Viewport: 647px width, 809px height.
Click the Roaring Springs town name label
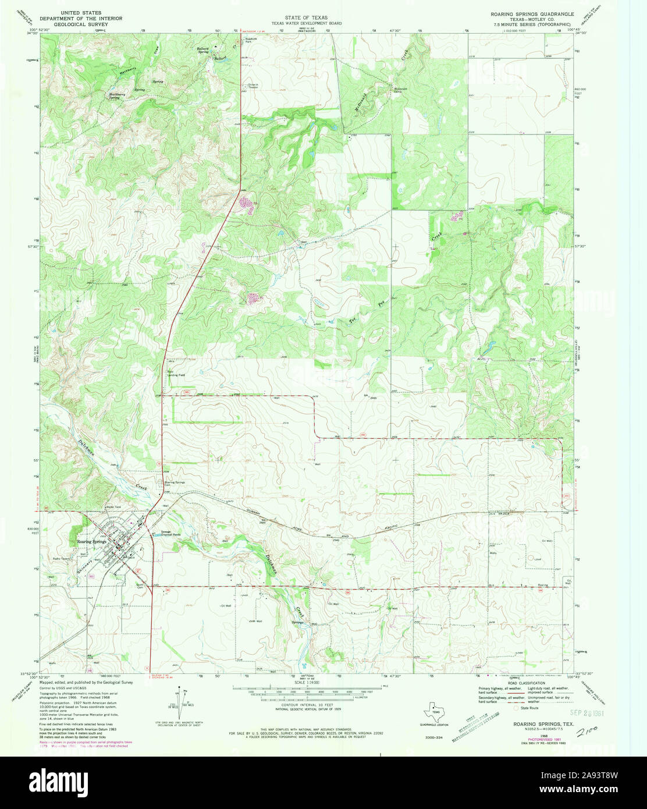tap(91, 542)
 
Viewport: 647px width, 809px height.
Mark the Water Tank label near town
tap(113, 507)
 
